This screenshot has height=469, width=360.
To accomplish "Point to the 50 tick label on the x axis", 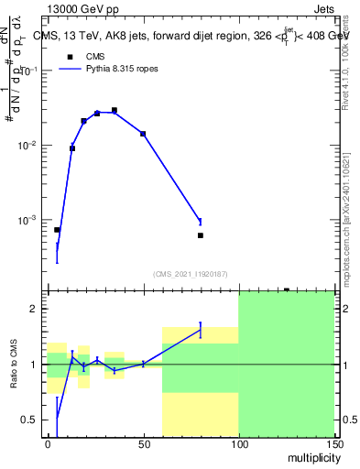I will (143, 442).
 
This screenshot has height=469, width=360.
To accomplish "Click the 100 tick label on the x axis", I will (238, 442).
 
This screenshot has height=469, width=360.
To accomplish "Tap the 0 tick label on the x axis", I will (48, 442).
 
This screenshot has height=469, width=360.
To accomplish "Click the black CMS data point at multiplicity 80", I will (201, 235).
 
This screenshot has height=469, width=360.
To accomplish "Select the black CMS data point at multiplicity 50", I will (143, 134).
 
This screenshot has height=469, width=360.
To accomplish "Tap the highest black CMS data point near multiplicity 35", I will (115, 110).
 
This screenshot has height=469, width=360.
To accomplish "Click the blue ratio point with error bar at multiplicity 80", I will (201, 330).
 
